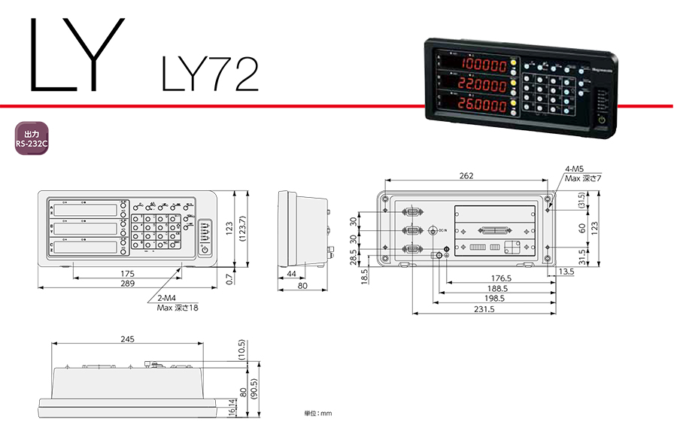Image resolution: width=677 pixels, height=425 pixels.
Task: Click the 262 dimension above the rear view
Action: (466, 175)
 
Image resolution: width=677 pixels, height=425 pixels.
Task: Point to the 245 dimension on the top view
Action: (127, 339)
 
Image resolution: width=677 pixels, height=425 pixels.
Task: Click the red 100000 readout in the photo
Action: (484, 65)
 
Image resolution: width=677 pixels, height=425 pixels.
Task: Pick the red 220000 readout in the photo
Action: (484, 86)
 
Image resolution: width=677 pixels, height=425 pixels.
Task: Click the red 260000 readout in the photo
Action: (484, 106)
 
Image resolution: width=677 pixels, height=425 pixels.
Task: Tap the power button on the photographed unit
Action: (601, 120)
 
